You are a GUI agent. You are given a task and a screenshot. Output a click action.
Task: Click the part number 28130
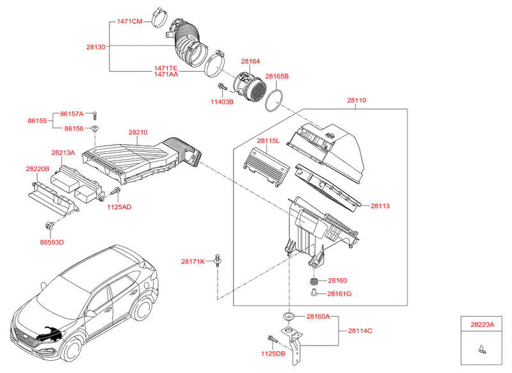pos(96,47)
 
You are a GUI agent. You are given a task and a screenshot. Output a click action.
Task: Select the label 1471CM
pos(129,21)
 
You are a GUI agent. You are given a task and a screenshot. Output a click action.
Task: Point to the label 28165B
pos(277,76)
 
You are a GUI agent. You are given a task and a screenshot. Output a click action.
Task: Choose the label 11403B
pos(222,101)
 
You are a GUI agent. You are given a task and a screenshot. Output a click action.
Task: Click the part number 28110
pos(358,101)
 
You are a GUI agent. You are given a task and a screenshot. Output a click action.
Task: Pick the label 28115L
pos(268,140)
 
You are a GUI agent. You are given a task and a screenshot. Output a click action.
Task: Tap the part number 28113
pos(380,206)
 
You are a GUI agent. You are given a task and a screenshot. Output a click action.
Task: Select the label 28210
pos(138,133)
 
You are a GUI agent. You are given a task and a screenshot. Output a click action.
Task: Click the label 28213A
pos(63,153)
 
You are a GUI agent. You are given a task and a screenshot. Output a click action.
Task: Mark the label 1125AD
pos(119,207)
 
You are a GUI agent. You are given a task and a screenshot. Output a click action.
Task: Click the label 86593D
pos(52,242)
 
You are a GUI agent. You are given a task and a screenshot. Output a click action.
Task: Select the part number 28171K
pos(192,261)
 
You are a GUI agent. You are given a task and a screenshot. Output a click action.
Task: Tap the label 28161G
pos(339,294)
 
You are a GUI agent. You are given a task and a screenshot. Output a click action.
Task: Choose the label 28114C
pos(360,331)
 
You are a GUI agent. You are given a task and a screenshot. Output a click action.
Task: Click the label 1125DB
pos(272,353)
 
